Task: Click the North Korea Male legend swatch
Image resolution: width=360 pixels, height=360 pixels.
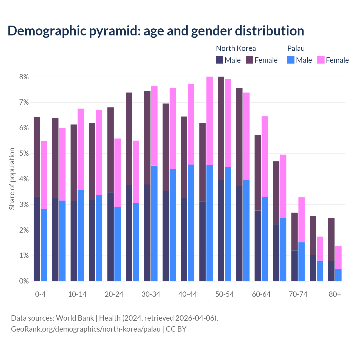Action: [220, 60]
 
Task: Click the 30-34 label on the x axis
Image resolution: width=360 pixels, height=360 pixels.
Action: [151, 294]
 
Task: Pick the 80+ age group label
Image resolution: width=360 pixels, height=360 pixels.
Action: [335, 294]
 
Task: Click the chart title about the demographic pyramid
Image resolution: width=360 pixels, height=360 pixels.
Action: [156, 31]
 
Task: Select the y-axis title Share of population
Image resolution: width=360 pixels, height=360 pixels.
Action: [12, 179]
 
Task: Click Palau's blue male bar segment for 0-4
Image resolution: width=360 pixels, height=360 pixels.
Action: [44, 245]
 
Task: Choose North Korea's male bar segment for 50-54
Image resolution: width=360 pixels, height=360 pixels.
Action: [221, 230]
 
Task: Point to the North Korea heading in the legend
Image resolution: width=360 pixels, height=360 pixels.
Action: [236, 48]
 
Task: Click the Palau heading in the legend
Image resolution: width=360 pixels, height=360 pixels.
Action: [296, 48]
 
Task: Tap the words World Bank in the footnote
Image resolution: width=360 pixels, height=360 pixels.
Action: [75, 318]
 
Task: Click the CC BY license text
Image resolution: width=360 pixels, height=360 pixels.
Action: [176, 329]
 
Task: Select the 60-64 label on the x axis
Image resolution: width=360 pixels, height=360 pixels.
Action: [261, 294]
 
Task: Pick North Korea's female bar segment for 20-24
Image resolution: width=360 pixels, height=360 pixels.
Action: [111, 150]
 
